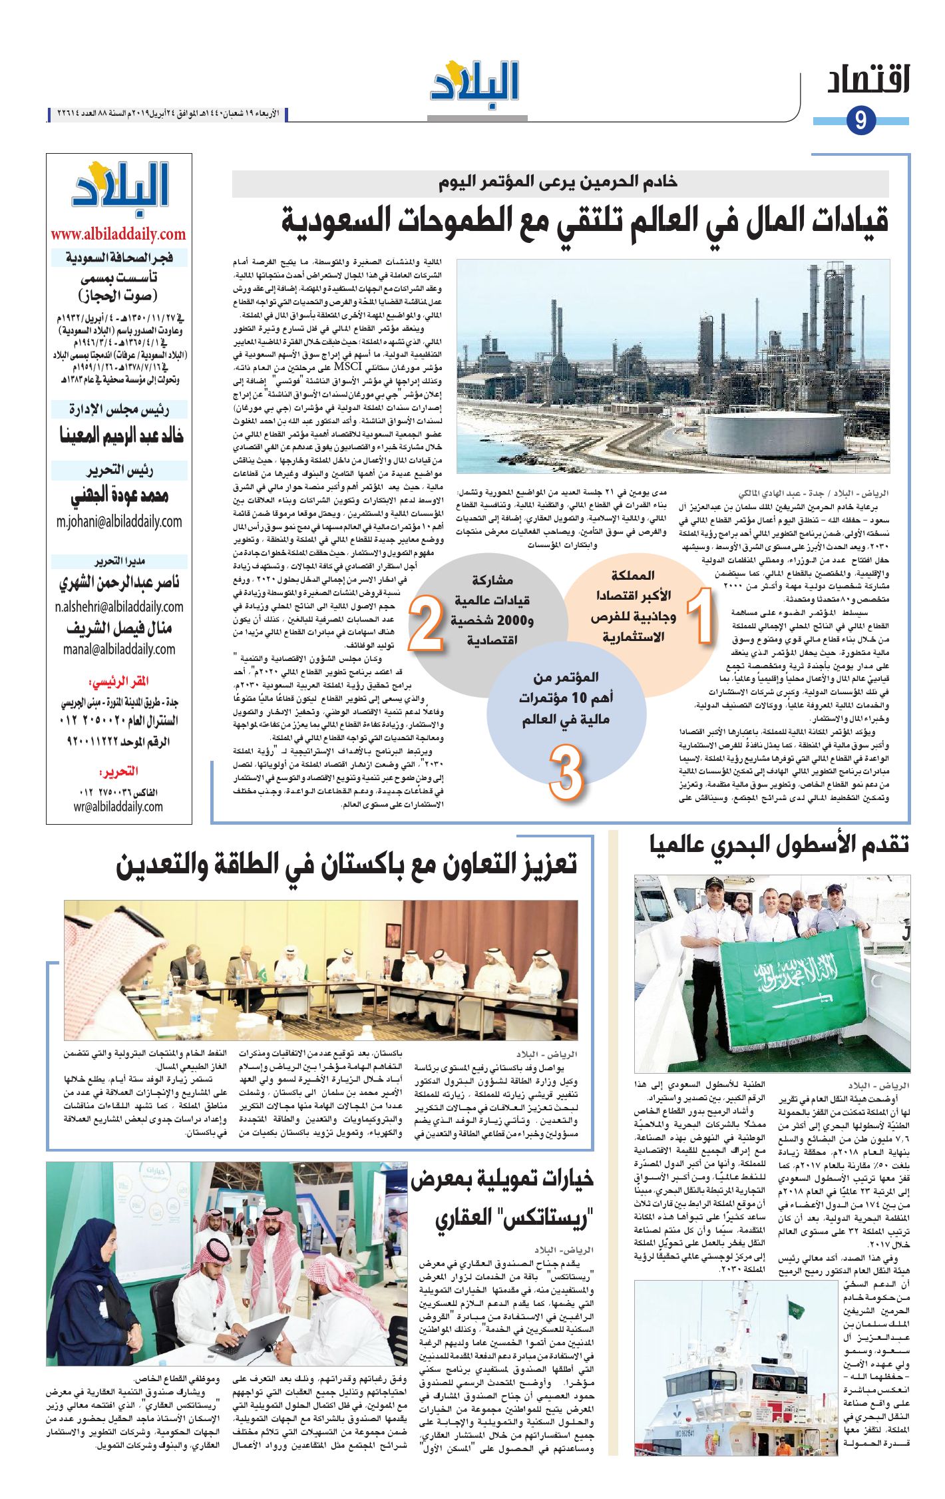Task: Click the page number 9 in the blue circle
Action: click(x=861, y=120)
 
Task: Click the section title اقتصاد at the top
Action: click(x=868, y=81)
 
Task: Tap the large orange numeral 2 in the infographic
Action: click(x=426, y=622)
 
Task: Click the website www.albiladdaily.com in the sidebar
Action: click(x=118, y=234)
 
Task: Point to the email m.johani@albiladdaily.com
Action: click(x=119, y=521)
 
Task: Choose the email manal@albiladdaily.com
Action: click(x=119, y=649)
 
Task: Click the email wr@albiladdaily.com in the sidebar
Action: click(x=118, y=807)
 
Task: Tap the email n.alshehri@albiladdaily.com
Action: click(x=119, y=606)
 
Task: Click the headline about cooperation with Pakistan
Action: click(x=346, y=865)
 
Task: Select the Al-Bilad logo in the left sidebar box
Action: click(x=120, y=189)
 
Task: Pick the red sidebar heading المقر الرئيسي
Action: click(x=118, y=682)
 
